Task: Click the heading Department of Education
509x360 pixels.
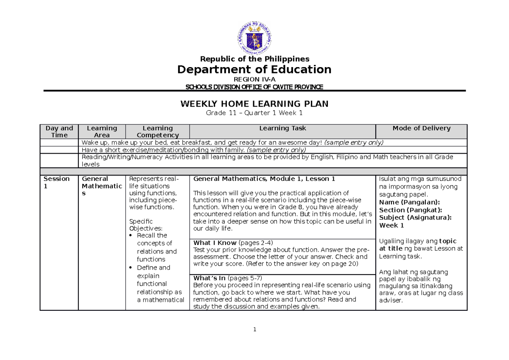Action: [x=255, y=70]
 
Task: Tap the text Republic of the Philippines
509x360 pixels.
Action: [x=255, y=59]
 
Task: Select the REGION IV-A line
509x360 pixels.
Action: [x=255, y=79]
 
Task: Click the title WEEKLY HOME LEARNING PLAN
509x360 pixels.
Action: [x=255, y=104]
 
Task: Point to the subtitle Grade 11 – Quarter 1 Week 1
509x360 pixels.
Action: [x=255, y=113]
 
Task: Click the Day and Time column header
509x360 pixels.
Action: [x=59, y=132]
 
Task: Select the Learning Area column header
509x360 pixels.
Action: [x=102, y=132]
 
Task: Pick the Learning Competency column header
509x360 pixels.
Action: [x=157, y=132]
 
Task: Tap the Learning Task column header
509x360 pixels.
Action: [x=282, y=128]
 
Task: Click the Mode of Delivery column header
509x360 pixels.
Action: [x=421, y=128]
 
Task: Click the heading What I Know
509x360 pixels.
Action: [x=215, y=243]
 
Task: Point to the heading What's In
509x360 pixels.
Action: [x=210, y=278]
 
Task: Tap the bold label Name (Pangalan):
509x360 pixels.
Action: [x=409, y=202]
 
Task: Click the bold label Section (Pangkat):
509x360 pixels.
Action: [x=410, y=210]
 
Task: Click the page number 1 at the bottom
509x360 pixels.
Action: [x=255, y=329]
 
